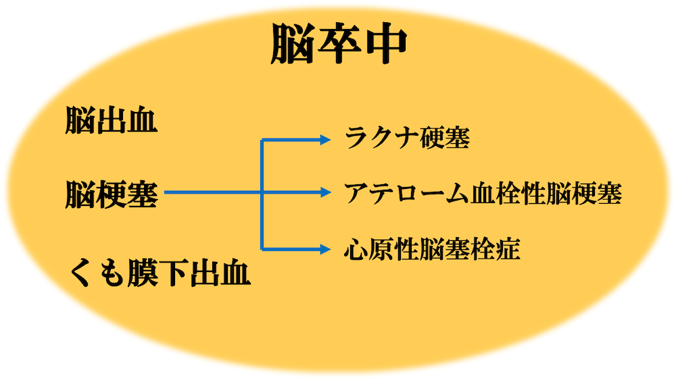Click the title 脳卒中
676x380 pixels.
(339, 44)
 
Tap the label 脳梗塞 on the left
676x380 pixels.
(112, 194)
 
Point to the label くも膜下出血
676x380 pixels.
(160, 273)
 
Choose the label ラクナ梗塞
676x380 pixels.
(408, 138)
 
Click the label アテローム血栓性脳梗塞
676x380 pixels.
(483, 193)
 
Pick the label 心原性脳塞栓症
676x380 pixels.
(432, 249)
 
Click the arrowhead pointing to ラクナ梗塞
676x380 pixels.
(325, 140)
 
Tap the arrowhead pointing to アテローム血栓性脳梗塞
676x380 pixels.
(325, 192)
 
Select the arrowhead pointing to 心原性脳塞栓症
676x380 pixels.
(325, 249)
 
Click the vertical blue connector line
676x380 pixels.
(262, 194)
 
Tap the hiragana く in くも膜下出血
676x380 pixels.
(80, 273)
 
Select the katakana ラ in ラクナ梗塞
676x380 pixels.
(356, 138)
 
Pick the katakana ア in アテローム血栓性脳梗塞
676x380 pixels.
(356, 194)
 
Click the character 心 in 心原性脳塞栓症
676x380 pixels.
(356, 250)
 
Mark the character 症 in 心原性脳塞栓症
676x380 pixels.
(508, 250)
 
